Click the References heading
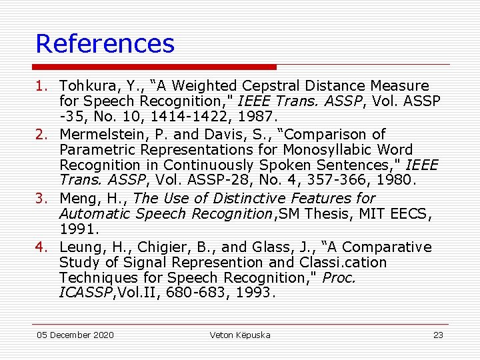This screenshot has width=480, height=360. point(105,44)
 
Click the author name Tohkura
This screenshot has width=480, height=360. point(85,86)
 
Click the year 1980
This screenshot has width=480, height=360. point(397,179)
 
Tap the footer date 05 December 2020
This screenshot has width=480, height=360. point(75,335)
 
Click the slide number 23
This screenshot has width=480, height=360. point(438,335)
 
